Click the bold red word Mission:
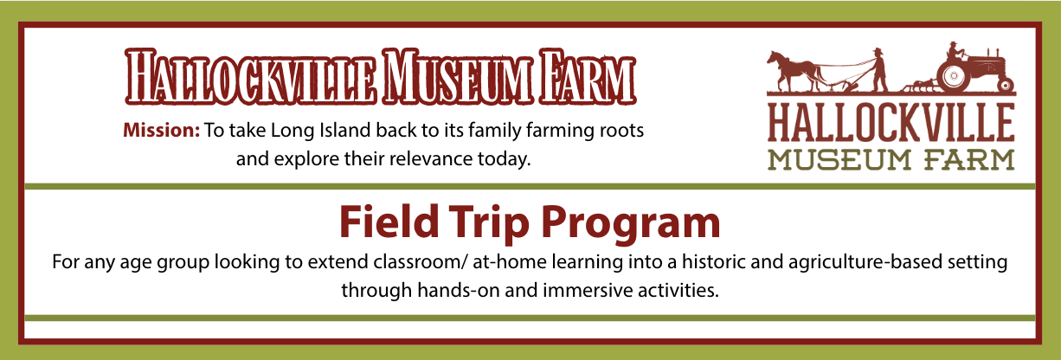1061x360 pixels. coord(162,131)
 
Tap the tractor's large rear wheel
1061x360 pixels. coord(953,76)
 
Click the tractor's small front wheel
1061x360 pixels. coord(1006,85)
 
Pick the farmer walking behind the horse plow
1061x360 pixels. coord(878,69)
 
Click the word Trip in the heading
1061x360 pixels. coord(489,222)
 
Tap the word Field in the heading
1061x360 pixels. coord(389,222)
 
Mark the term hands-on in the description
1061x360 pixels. coord(459,290)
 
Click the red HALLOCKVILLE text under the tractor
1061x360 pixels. coord(891,123)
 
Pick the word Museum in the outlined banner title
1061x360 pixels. coord(457,77)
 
